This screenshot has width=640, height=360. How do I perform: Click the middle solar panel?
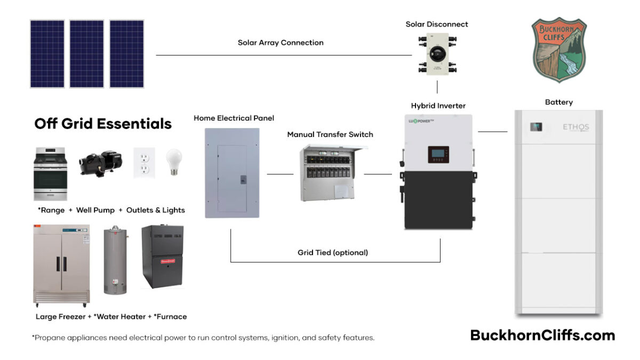point(86,54)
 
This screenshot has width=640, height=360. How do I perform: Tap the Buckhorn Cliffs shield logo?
point(559,50)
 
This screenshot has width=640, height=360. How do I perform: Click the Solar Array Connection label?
point(281,43)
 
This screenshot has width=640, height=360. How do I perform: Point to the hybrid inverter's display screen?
point(438,155)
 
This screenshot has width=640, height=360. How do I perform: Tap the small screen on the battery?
point(536,127)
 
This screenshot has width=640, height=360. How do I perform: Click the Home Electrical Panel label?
point(234,118)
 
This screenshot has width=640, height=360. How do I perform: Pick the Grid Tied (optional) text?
point(332,252)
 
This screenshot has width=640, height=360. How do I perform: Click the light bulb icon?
point(174,162)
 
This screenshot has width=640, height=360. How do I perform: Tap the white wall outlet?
point(143,163)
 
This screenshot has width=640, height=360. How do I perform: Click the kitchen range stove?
point(50,174)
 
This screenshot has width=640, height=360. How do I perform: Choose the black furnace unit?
point(162,257)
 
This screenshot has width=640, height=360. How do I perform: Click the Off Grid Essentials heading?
point(103,124)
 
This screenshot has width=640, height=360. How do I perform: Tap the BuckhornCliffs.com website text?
point(542,335)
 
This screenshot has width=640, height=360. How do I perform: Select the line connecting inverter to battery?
point(493,131)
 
